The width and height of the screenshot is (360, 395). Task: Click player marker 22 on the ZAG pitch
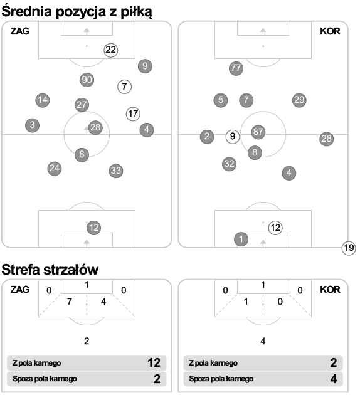coord(110,50)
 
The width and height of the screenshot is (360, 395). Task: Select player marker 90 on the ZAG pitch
coord(87,80)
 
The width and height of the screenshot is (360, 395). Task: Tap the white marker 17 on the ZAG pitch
coord(133,114)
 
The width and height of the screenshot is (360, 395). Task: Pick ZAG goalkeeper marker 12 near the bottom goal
coord(93,228)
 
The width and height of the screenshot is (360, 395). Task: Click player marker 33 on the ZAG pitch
coord(116,171)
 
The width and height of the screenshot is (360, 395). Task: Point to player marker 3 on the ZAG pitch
coord(32,125)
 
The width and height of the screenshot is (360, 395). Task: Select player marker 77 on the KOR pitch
coord(236,68)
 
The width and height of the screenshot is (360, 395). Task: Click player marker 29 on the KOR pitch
coord(299,100)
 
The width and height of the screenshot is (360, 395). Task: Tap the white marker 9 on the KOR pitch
coord(233,137)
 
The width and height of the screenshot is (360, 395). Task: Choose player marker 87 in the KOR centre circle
coord(258,132)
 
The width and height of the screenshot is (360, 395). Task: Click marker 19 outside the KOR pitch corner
coord(349,248)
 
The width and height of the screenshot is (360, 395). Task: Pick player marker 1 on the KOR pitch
coord(241,239)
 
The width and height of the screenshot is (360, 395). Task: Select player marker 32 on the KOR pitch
coord(230,164)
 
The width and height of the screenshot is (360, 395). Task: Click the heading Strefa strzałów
coord(50,270)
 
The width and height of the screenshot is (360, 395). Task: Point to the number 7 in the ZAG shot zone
coord(70,302)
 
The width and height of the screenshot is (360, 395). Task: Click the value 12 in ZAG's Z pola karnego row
coord(154,363)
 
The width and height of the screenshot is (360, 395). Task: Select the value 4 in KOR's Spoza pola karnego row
coord(334,379)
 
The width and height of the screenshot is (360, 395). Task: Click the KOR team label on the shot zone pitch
coord(330,290)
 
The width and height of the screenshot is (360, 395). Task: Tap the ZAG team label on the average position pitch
coord(20,31)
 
